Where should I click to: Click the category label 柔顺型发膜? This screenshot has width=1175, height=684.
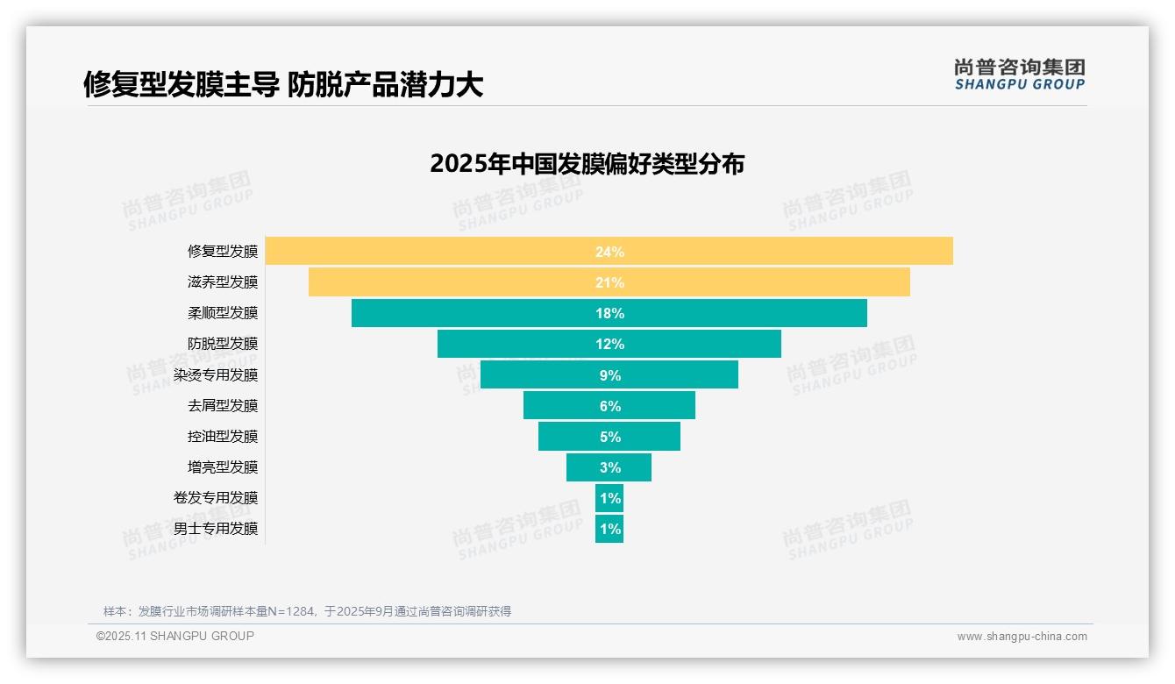coord(223,313)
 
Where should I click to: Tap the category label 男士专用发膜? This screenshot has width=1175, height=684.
coord(216,529)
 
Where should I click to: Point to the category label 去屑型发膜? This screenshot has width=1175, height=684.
coord(223,406)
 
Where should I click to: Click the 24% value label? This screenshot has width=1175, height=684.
coord(609,252)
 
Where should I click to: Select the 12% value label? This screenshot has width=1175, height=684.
coord(609,344)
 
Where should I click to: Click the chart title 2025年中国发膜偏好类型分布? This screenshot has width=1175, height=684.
coord(587,164)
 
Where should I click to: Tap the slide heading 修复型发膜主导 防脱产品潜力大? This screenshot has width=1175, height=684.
coord(283,84)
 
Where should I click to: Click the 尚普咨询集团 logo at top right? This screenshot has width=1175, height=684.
coord(1020,75)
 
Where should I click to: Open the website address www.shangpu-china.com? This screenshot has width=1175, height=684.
coord(1022,637)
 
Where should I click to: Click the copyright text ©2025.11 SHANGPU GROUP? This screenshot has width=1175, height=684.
coord(175,636)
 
